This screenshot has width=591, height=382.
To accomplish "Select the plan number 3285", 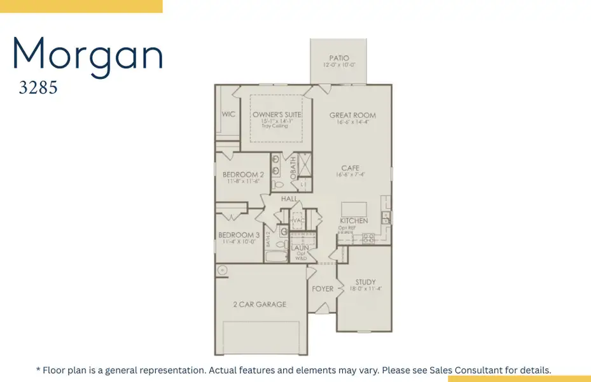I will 38,88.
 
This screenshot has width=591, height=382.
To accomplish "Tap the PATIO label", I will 339,58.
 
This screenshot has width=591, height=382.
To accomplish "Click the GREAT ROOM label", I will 352,115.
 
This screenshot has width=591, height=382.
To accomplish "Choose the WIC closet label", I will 228,115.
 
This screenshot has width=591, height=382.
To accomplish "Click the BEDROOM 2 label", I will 243,174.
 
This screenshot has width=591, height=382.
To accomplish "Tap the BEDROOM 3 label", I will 239,235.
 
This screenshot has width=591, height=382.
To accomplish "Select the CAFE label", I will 350,169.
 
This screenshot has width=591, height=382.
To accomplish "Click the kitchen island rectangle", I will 353,210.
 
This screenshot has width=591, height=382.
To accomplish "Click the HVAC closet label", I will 296,220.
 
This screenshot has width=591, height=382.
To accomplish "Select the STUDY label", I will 365,282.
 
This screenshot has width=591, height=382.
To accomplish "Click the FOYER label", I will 323,289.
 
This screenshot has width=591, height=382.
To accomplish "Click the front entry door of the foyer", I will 323,310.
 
